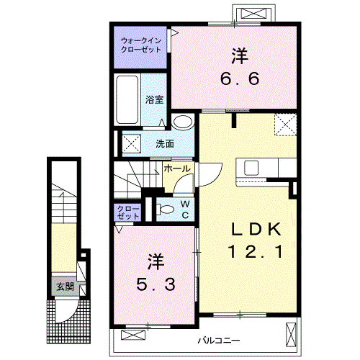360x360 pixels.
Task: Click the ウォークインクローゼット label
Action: pyautogui.click(x=141, y=45)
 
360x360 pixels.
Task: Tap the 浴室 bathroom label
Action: pyautogui.click(x=154, y=100)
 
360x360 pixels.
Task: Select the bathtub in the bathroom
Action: pyautogui.click(x=127, y=99)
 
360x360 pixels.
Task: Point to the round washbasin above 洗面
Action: pyautogui.click(x=183, y=122)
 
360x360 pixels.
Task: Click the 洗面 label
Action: pyautogui.click(x=165, y=144)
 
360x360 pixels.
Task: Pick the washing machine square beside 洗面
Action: pyautogui.click(x=132, y=143)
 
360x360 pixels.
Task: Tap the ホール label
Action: pyautogui.click(x=177, y=169)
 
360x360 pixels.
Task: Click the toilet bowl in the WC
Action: pyautogui.click(x=166, y=210)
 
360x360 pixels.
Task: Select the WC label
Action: pyautogui.click(x=185, y=210)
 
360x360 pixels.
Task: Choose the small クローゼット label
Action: pyautogui.click(x=128, y=212)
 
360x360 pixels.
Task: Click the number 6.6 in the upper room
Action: pyautogui.click(x=240, y=78)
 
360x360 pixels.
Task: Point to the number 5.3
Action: pyautogui.click(x=156, y=285)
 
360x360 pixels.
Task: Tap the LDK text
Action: pyautogui.click(x=256, y=230)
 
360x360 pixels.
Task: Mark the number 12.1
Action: pyautogui.click(x=256, y=251)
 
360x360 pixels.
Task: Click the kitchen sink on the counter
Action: pyautogui.click(x=251, y=168)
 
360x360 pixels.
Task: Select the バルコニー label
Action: pyautogui.click(x=219, y=341)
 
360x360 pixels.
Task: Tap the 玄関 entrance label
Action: pyautogui.click(x=65, y=287)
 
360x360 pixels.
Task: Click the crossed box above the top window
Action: pyautogui.click(x=253, y=13)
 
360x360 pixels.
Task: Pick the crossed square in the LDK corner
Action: pyautogui.click(x=286, y=125)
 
